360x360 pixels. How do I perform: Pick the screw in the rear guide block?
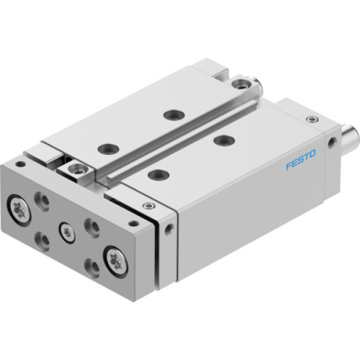pos(248,84)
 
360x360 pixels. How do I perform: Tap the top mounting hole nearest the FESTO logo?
pos(223,140)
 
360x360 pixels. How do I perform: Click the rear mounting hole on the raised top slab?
pos(171,114)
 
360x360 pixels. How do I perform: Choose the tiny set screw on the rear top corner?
pos(311,120)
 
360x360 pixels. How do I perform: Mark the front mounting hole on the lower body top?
pos(154,174)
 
